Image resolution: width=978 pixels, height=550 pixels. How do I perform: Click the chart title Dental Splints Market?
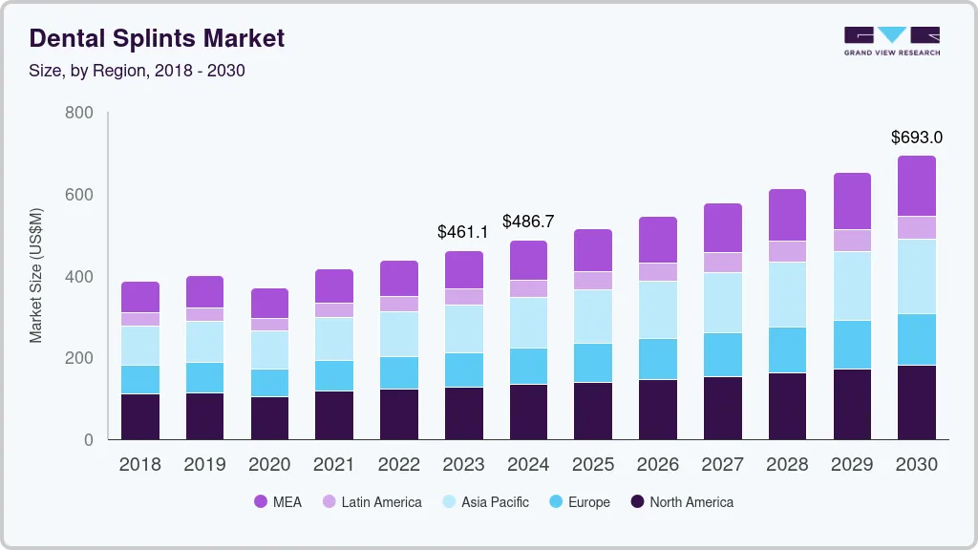click(157, 38)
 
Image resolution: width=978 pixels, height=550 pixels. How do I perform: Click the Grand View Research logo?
click(891, 40)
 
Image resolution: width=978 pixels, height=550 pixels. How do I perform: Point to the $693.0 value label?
click(917, 137)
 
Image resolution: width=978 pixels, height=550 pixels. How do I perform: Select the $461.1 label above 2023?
click(463, 232)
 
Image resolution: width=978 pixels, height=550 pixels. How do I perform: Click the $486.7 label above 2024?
click(528, 222)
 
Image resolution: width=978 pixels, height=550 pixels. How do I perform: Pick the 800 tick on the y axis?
click(78, 113)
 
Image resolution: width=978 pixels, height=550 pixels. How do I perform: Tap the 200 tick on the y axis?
click(78, 358)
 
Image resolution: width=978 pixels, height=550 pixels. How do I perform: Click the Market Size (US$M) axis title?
click(35, 275)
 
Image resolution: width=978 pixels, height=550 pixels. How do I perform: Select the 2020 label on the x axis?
click(269, 465)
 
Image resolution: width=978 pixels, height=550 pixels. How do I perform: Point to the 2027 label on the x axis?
click(723, 465)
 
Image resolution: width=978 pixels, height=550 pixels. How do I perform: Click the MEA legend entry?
click(277, 502)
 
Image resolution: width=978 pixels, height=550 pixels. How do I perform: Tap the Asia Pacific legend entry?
click(484, 502)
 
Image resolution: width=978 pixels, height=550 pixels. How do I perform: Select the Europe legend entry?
click(578, 502)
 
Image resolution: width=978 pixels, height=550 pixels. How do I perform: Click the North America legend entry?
click(681, 502)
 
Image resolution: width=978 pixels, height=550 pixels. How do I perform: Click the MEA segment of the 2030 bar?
click(917, 186)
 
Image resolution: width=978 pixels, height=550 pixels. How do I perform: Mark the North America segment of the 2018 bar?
click(140, 416)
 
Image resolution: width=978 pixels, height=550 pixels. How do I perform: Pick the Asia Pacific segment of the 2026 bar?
click(658, 309)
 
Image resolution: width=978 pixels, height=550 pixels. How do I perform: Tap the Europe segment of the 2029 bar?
click(852, 345)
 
